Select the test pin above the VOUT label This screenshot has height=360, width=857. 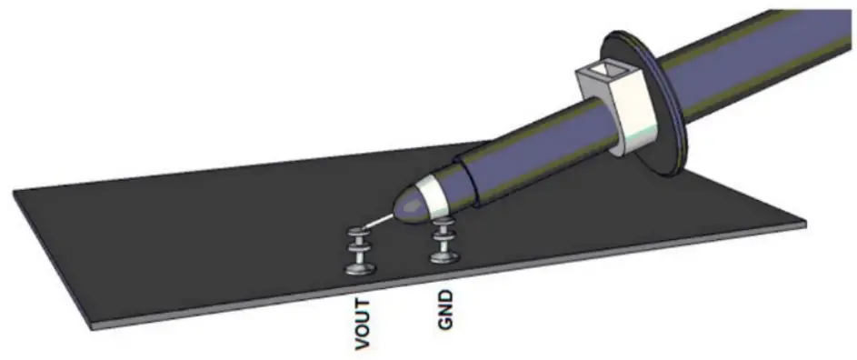click(x=361, y=250)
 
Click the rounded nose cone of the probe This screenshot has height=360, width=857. click(x=410, y=207)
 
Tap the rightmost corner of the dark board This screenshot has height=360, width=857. click(x=805, y=221)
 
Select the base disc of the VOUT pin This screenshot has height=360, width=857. click(x=361, y=267)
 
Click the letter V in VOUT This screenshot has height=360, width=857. click(x=362, y=344)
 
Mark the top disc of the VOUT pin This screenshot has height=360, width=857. click(x=361, y=235)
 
